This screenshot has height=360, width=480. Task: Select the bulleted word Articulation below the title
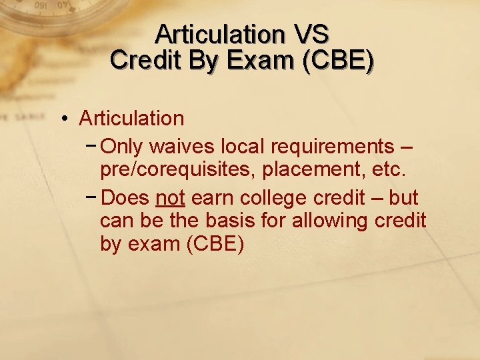131,119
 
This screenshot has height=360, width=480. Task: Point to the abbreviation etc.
387,170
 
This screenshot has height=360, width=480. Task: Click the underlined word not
170,198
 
